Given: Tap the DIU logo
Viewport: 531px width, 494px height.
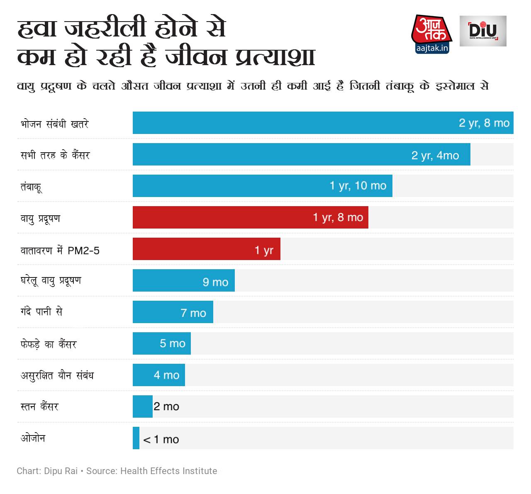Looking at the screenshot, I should coord(483,31).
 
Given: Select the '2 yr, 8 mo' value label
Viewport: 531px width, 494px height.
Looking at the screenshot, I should coord(484,123).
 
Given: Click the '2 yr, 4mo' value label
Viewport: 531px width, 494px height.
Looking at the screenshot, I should coord(435,155).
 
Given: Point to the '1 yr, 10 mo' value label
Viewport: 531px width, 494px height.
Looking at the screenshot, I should coord(358,185).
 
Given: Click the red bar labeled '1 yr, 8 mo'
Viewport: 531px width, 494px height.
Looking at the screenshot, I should coord(250,217).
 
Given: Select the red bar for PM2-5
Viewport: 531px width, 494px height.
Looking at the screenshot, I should coord(206,249).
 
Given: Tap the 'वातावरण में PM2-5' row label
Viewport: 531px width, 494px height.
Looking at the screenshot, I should coord(60,251).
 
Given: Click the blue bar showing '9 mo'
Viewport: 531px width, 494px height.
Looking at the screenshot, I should coord(183,280).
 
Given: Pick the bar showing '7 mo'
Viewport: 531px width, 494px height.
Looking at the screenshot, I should coord(173,312).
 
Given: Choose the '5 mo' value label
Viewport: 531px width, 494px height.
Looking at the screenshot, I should coord(173,343).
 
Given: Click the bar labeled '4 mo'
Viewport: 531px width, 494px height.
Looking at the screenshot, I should coord(158,375).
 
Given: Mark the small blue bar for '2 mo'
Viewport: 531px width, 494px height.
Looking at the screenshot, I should coord(142,406).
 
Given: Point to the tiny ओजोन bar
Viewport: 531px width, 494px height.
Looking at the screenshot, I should coord(136,438).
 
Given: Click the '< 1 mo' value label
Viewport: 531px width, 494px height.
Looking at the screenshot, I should coord(161,440).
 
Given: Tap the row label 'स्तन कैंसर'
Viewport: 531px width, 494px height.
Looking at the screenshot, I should coord(39,406).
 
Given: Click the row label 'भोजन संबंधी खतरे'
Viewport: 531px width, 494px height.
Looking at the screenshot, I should coord(54,124).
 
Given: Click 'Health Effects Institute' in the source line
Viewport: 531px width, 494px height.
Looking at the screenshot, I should coord(168,471).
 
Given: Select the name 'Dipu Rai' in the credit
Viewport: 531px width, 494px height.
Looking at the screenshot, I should coord(61,471).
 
